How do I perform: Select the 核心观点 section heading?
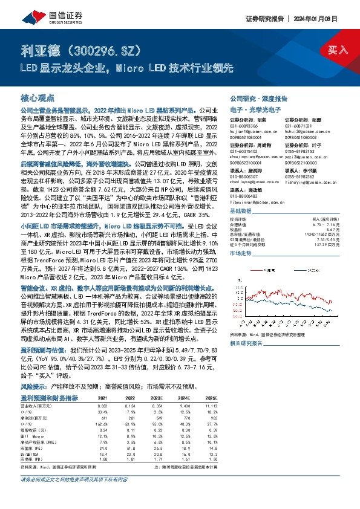(38, 98)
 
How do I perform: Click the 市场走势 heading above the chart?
(241, 253)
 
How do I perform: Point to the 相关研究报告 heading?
(246, 343)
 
